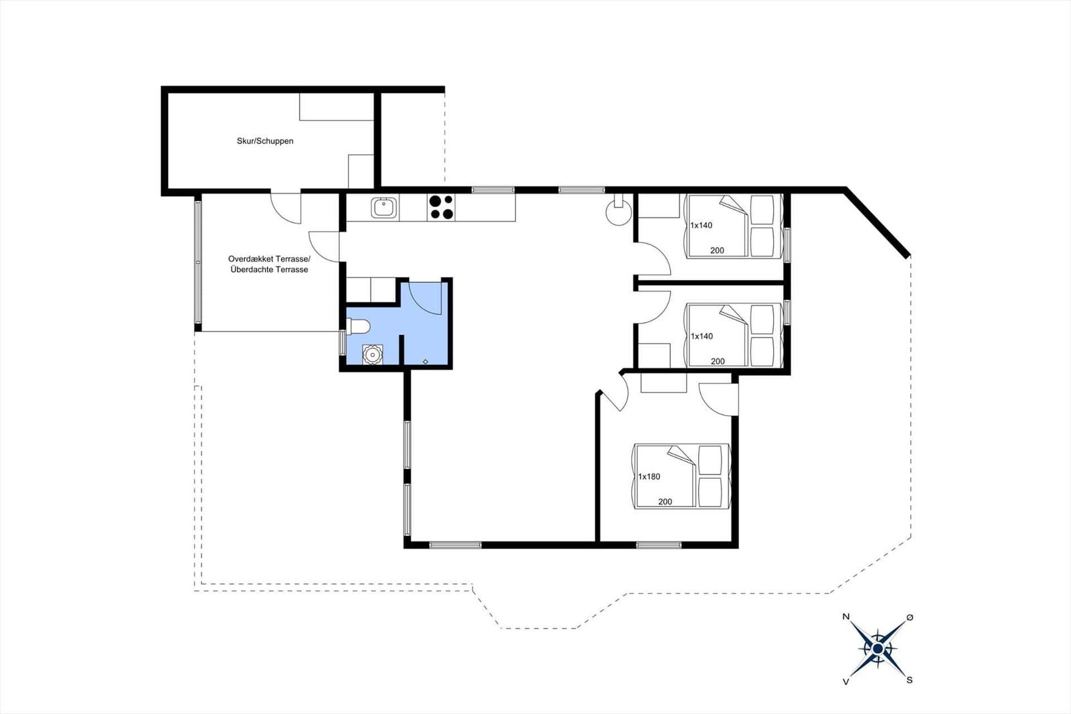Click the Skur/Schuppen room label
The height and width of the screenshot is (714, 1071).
(x=265, y=141)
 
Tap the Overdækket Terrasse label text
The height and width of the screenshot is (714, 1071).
(x=269, y=259)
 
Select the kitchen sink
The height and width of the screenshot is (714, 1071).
(x=384, y=208)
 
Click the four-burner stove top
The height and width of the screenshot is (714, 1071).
(x=441, y=207)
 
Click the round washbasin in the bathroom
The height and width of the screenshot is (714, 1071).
(x=372, y=354)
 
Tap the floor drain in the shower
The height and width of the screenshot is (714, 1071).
(x=426, y=362)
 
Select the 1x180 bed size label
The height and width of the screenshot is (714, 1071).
(x=649, y=477)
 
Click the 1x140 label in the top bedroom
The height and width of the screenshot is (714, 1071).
(x=701, y=226)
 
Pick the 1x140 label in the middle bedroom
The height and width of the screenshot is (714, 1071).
(x=702, y=336)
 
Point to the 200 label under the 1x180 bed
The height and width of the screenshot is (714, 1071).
(x=665, y=502)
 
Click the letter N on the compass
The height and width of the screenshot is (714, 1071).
(x=846, y=617)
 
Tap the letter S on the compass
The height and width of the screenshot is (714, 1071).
(x=910, y=680)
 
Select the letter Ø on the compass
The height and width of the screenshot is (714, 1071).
(x=910, y=618)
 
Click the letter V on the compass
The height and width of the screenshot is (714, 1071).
(x=846, y=681)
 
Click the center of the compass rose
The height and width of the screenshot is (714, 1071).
(x=878, y=649)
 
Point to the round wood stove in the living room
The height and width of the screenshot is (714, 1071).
(x=619, y=212)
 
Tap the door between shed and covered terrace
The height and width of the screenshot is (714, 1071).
(x=286, y=208)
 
